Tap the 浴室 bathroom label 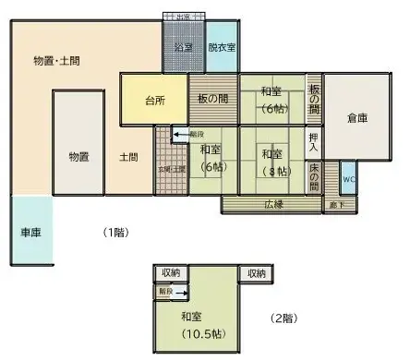pos(183,46)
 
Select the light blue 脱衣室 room pos(221,46)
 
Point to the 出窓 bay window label pos(183,17)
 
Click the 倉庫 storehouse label pos(357,118)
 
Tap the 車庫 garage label pos(30,233)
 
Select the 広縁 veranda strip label pos(273,203)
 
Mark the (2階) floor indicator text pos(283,318)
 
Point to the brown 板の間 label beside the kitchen pos(212,100)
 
